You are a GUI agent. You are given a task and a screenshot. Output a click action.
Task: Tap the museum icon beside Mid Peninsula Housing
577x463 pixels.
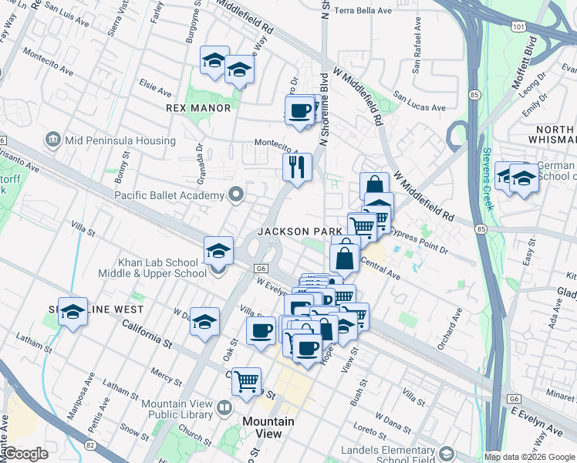53,140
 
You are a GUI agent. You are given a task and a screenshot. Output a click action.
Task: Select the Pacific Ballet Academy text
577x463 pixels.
169,195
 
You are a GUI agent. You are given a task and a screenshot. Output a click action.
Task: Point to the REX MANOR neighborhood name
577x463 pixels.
198,108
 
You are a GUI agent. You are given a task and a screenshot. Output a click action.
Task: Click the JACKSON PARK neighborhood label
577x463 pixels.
299,231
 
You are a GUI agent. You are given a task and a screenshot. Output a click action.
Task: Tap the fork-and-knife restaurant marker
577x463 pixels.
296,165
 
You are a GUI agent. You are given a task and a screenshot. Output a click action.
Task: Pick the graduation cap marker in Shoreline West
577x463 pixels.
73,312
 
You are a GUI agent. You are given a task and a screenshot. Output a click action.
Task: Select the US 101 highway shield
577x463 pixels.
518,25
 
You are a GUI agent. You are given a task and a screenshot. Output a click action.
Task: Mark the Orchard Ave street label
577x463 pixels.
450,329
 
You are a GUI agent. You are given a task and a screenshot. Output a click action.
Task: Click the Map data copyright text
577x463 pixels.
529,457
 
